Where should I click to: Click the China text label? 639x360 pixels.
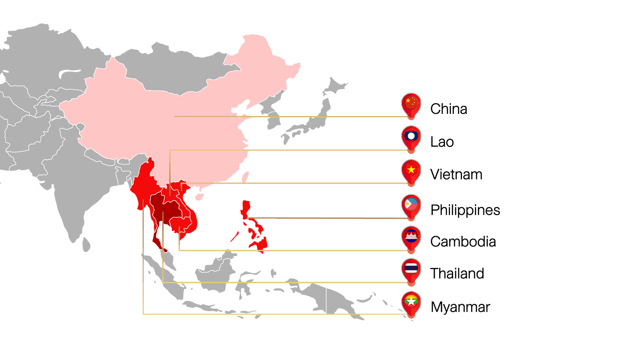click(x=448, y=109)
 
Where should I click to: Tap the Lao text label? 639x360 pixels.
click(x=441, y=142)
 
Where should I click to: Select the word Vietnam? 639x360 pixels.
click(x=456, y=174)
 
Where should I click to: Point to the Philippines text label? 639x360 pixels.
click(x=465, y=210)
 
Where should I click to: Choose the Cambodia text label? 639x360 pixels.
click(x=463, y=242)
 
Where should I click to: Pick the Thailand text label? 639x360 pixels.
click(x=457, y=273)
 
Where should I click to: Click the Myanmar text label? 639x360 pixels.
click(x=460, y=307)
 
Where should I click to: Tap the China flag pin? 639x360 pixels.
click(x=411, y=104)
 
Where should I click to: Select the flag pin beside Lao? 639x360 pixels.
click(x=411, y=137)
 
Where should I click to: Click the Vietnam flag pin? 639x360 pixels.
click(x=411, y=170)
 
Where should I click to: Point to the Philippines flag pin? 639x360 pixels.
click(x=411, y=206)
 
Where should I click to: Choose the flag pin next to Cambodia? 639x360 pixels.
click(x=411, y=237)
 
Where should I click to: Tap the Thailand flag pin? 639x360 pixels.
click(x=411, y=269)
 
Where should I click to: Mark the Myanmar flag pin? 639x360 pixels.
click(x=411, y=302)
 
